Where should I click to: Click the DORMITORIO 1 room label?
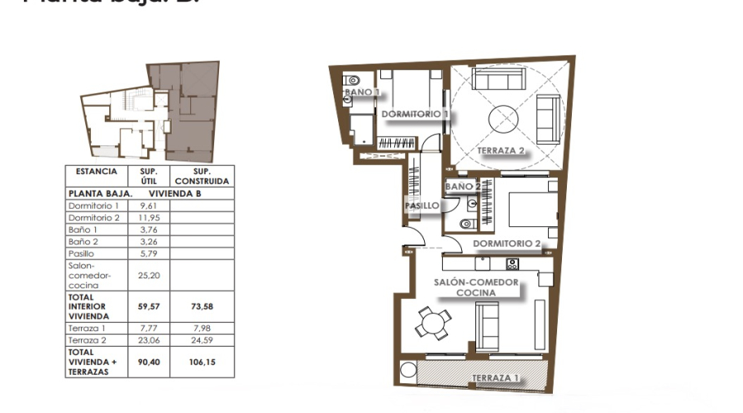pyautogui.click(x=415, y=114)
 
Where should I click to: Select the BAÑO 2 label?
pyautogui.click(x=463, y=187)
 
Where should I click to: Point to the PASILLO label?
pyautogui.click(x=422, y=206)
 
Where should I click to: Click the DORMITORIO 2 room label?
pyautogui.click(x=507, y=244)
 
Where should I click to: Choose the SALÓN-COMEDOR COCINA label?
pyautogui.click(x=476, y=287)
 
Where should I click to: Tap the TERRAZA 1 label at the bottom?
pyautogui.click(x=495, y=378)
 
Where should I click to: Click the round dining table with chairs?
pyautogui.click(x=432, y=322)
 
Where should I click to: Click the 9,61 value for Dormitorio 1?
pyautogui.click(x=149, y=205)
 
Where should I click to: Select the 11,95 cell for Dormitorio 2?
pyautogui.click(x=149, y=217)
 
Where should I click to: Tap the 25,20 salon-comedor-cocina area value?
pyautogui.click(x=149, y=276)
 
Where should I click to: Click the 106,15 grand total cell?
pyautogui.click(x=200, y=362)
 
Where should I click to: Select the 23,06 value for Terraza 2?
pyautogui.click(x=149, y=339)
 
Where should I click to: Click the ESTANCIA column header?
pyautogui.click(x=96, y=172)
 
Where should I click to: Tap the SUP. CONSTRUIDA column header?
pyautogui.click(x=200, y=176)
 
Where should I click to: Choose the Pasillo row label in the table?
pyautogui.click(x=84, y=253)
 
